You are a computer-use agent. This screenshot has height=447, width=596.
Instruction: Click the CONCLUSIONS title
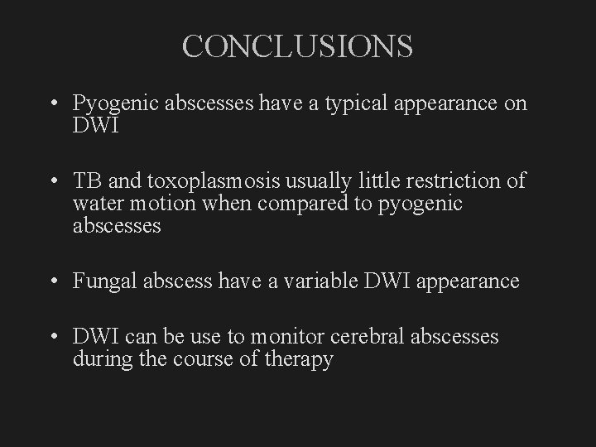(x=297, y=46)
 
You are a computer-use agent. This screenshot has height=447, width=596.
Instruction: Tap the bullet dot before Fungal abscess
(x=52, y=282)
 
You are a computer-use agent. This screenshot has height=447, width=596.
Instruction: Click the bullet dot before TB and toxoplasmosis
(x=52, y=181)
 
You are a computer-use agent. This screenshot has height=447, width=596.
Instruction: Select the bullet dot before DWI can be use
(x=52, y=338)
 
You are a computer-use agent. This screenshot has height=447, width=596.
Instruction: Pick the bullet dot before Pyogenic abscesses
(x=52, y=105)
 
